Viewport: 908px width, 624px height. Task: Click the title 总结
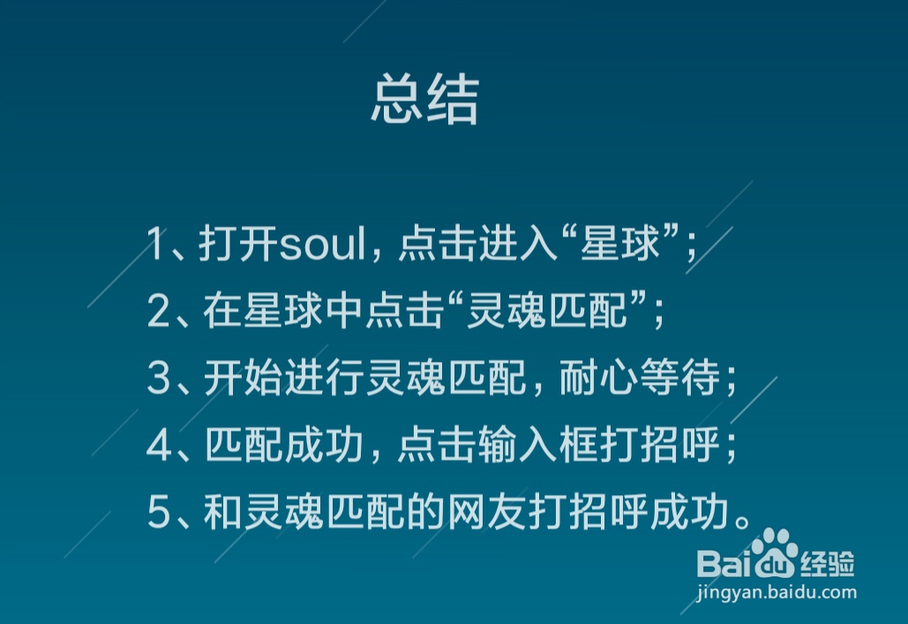424,99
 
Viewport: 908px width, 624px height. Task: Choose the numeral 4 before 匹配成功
158,447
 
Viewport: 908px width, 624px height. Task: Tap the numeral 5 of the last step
158,514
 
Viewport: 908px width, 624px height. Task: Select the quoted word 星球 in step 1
620,244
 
